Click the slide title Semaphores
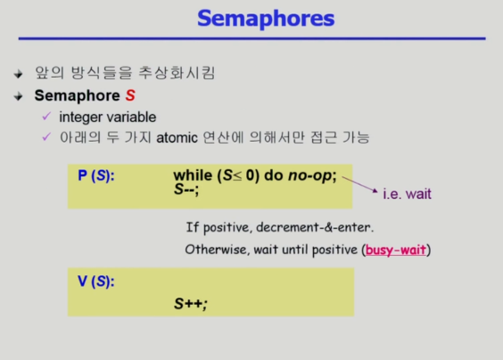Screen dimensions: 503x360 [266, 19]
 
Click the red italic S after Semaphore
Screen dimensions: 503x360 [130, 95]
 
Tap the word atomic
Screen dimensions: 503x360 [177, 138]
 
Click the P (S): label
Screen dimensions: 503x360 [96, 176]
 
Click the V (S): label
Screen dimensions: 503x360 [96, 282]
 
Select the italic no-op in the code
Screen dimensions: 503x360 [309, 176]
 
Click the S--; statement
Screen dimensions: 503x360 [186, 189]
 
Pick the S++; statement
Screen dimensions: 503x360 [191, 304]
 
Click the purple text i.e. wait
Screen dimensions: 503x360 [407, 194]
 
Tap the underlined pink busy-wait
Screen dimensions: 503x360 [396, 250]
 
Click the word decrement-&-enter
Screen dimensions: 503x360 [313, 227]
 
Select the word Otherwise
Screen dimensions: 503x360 [216, 250]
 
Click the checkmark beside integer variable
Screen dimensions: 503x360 [47, 116]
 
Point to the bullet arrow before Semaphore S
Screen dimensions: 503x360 [19, 96]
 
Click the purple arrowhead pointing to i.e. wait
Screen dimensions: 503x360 [375, 191]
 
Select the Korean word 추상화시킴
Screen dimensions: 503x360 [177, 73]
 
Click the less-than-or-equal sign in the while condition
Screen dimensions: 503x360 [237, 176]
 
